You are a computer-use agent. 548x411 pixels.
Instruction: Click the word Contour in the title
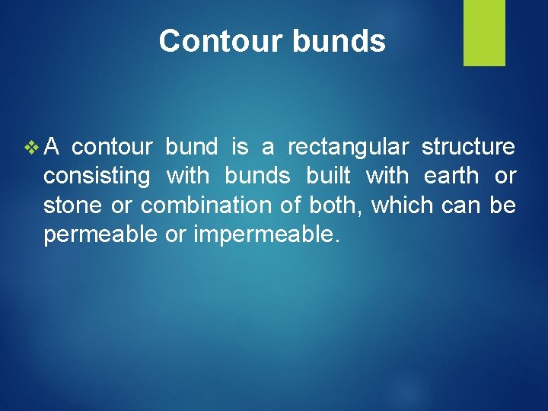coord(213,41)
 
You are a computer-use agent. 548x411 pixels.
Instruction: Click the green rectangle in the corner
coord(484,33)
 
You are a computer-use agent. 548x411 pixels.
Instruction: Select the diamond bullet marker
coord(31,146)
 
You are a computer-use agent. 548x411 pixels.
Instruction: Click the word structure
coord(468,147)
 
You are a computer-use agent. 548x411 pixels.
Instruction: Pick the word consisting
coord(97,177)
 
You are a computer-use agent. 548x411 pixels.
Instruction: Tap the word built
coord(328,177)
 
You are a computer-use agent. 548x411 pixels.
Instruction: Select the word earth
coord(451,177)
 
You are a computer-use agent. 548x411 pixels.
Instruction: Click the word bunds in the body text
coord(257,177)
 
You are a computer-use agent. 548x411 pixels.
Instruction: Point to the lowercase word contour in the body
coord(113,147)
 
